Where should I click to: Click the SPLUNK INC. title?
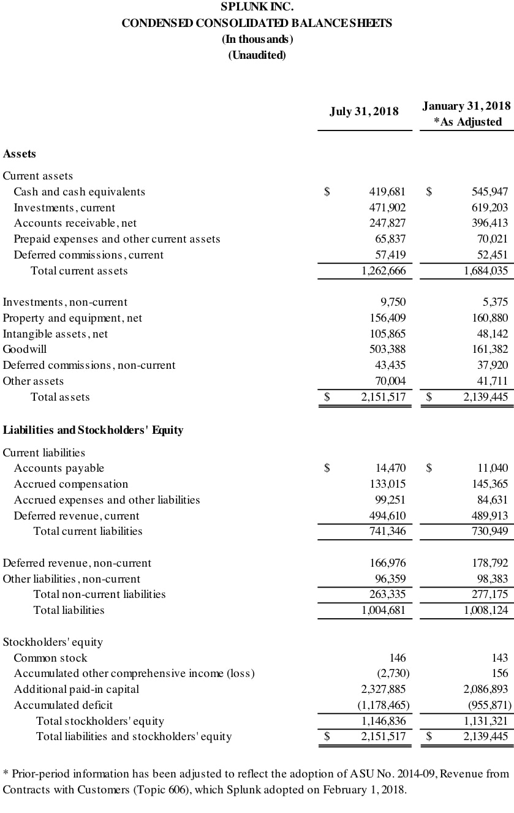pos(257,7)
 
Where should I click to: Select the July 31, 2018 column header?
pos(364,112)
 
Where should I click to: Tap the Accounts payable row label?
pos(59,468)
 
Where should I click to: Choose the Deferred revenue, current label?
pos(77,516)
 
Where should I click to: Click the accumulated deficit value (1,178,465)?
pos(384,705)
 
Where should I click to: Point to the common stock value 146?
pos(398,658)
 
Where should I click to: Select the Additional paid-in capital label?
pos(77,689)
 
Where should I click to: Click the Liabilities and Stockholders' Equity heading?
pos(93,430)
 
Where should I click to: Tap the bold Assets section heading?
pos(20,154)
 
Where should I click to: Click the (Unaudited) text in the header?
pos(257,55)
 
